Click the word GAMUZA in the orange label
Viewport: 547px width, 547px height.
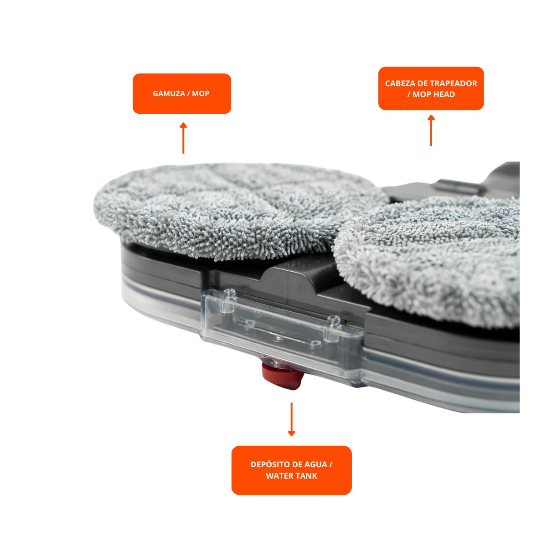[169, 93]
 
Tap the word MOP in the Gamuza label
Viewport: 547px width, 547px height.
[201, 93]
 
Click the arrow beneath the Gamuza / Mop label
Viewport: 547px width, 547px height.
[183, 138]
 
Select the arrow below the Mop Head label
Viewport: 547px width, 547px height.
[431, 130]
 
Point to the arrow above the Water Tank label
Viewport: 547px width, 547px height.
[292, 419]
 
